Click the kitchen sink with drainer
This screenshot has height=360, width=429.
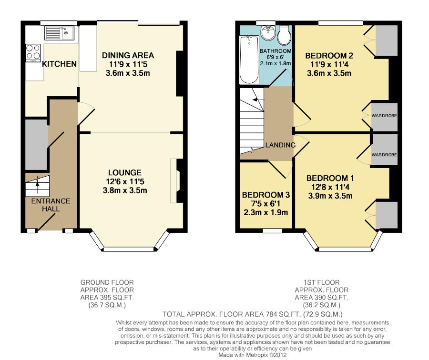pos(60,33)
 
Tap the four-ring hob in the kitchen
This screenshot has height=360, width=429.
pos(33,52)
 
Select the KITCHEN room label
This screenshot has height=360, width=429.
pos(60,64)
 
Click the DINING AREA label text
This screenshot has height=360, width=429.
pos(128,55)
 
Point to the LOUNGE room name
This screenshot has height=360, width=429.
pos(125,172)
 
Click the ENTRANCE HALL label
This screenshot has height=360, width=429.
pos(51,205)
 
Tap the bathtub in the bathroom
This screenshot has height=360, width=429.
pos(249,60)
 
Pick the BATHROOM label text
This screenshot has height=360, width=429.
pos(275,51)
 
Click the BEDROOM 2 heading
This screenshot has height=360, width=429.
pos(329,56)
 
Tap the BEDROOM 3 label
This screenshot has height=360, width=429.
pos(266,195)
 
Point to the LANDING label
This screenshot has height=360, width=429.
pos(280,145)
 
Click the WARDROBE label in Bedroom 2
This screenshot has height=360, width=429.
pos(384,116)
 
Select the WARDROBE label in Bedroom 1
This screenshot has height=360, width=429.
pos(384,155)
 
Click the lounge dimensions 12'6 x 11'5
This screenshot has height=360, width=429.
pos(125,181)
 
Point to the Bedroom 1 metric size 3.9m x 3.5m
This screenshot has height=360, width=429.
pos(330,196)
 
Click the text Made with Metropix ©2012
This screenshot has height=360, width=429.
pos(252,355)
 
